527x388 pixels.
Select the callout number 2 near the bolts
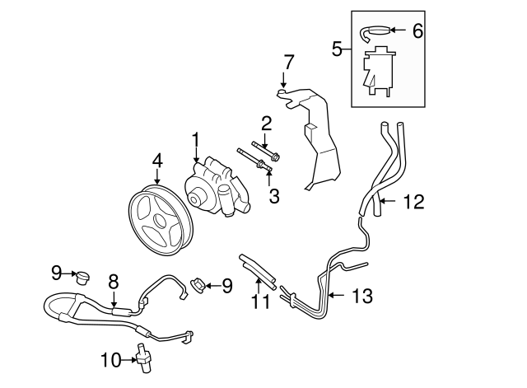pyautogui.click(x=266, y=124)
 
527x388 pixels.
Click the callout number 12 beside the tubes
pyautogui.click(x=413, y=200)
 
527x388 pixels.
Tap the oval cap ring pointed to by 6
pyautogui.click(x=375, y=30)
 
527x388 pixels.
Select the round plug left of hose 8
pyautogui.click(x=81, y=274)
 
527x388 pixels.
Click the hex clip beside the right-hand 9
pyautogui.click(x=198, y=286)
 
